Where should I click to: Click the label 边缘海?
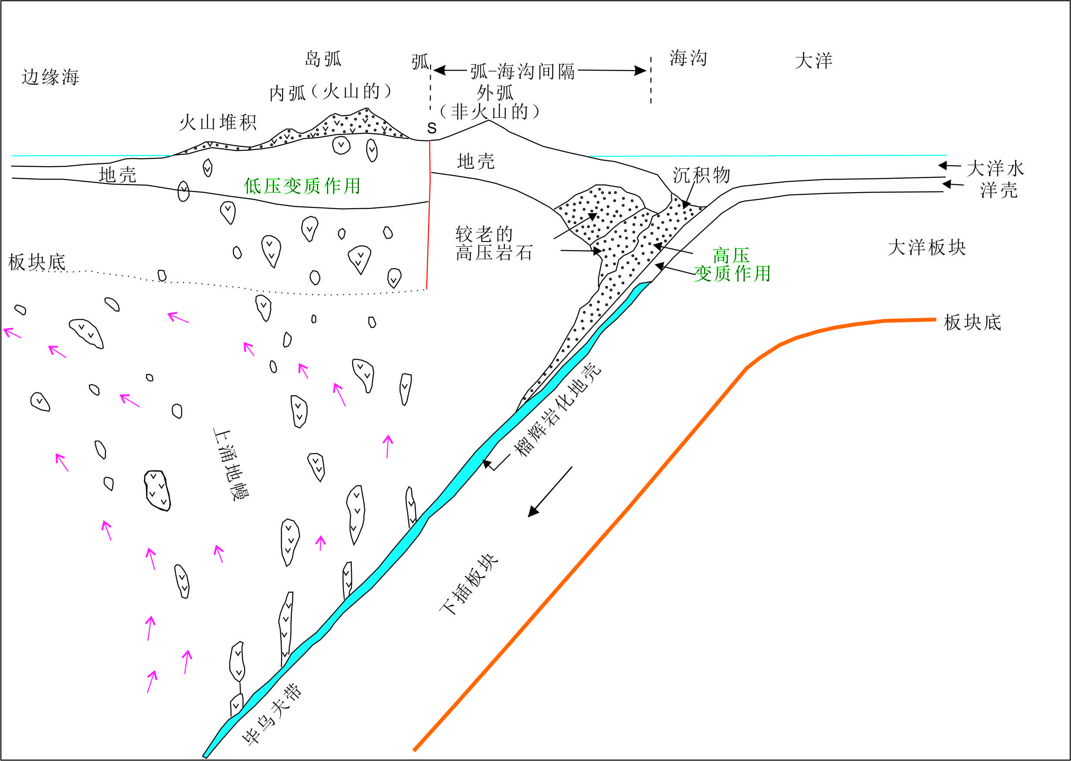point(50,77)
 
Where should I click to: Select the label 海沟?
point(688,58)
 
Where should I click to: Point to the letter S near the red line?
point(432,129)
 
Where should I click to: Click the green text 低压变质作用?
point(302,187)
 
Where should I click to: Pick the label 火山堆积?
point(218,123)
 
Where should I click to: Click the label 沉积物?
point(701,175)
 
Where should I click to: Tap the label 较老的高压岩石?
point(494,244)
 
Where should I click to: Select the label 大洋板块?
point(927,248)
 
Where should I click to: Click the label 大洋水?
point(996,169)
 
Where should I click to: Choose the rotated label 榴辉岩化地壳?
point(558,410)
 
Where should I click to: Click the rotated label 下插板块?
point(469,585)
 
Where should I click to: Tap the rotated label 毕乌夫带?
point(272,715)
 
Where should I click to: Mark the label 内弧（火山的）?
point(330,92)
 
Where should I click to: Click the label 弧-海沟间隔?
point(522,71)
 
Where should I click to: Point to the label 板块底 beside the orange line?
point(972,323)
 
